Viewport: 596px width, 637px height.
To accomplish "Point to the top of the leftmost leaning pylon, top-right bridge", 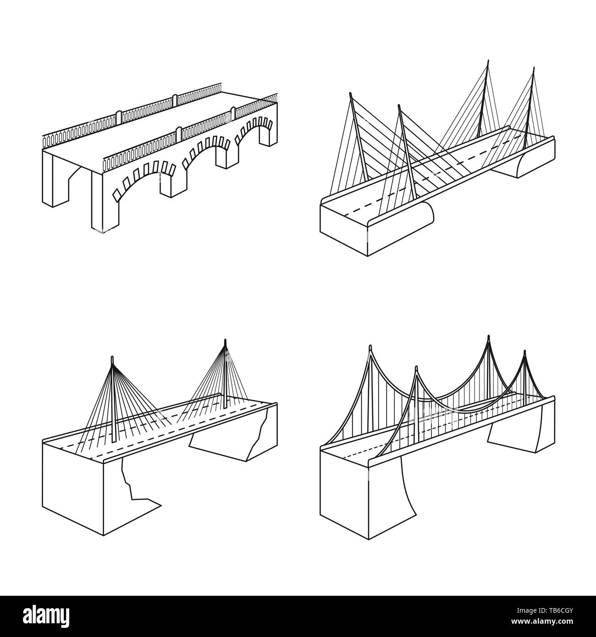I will [351, 93].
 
